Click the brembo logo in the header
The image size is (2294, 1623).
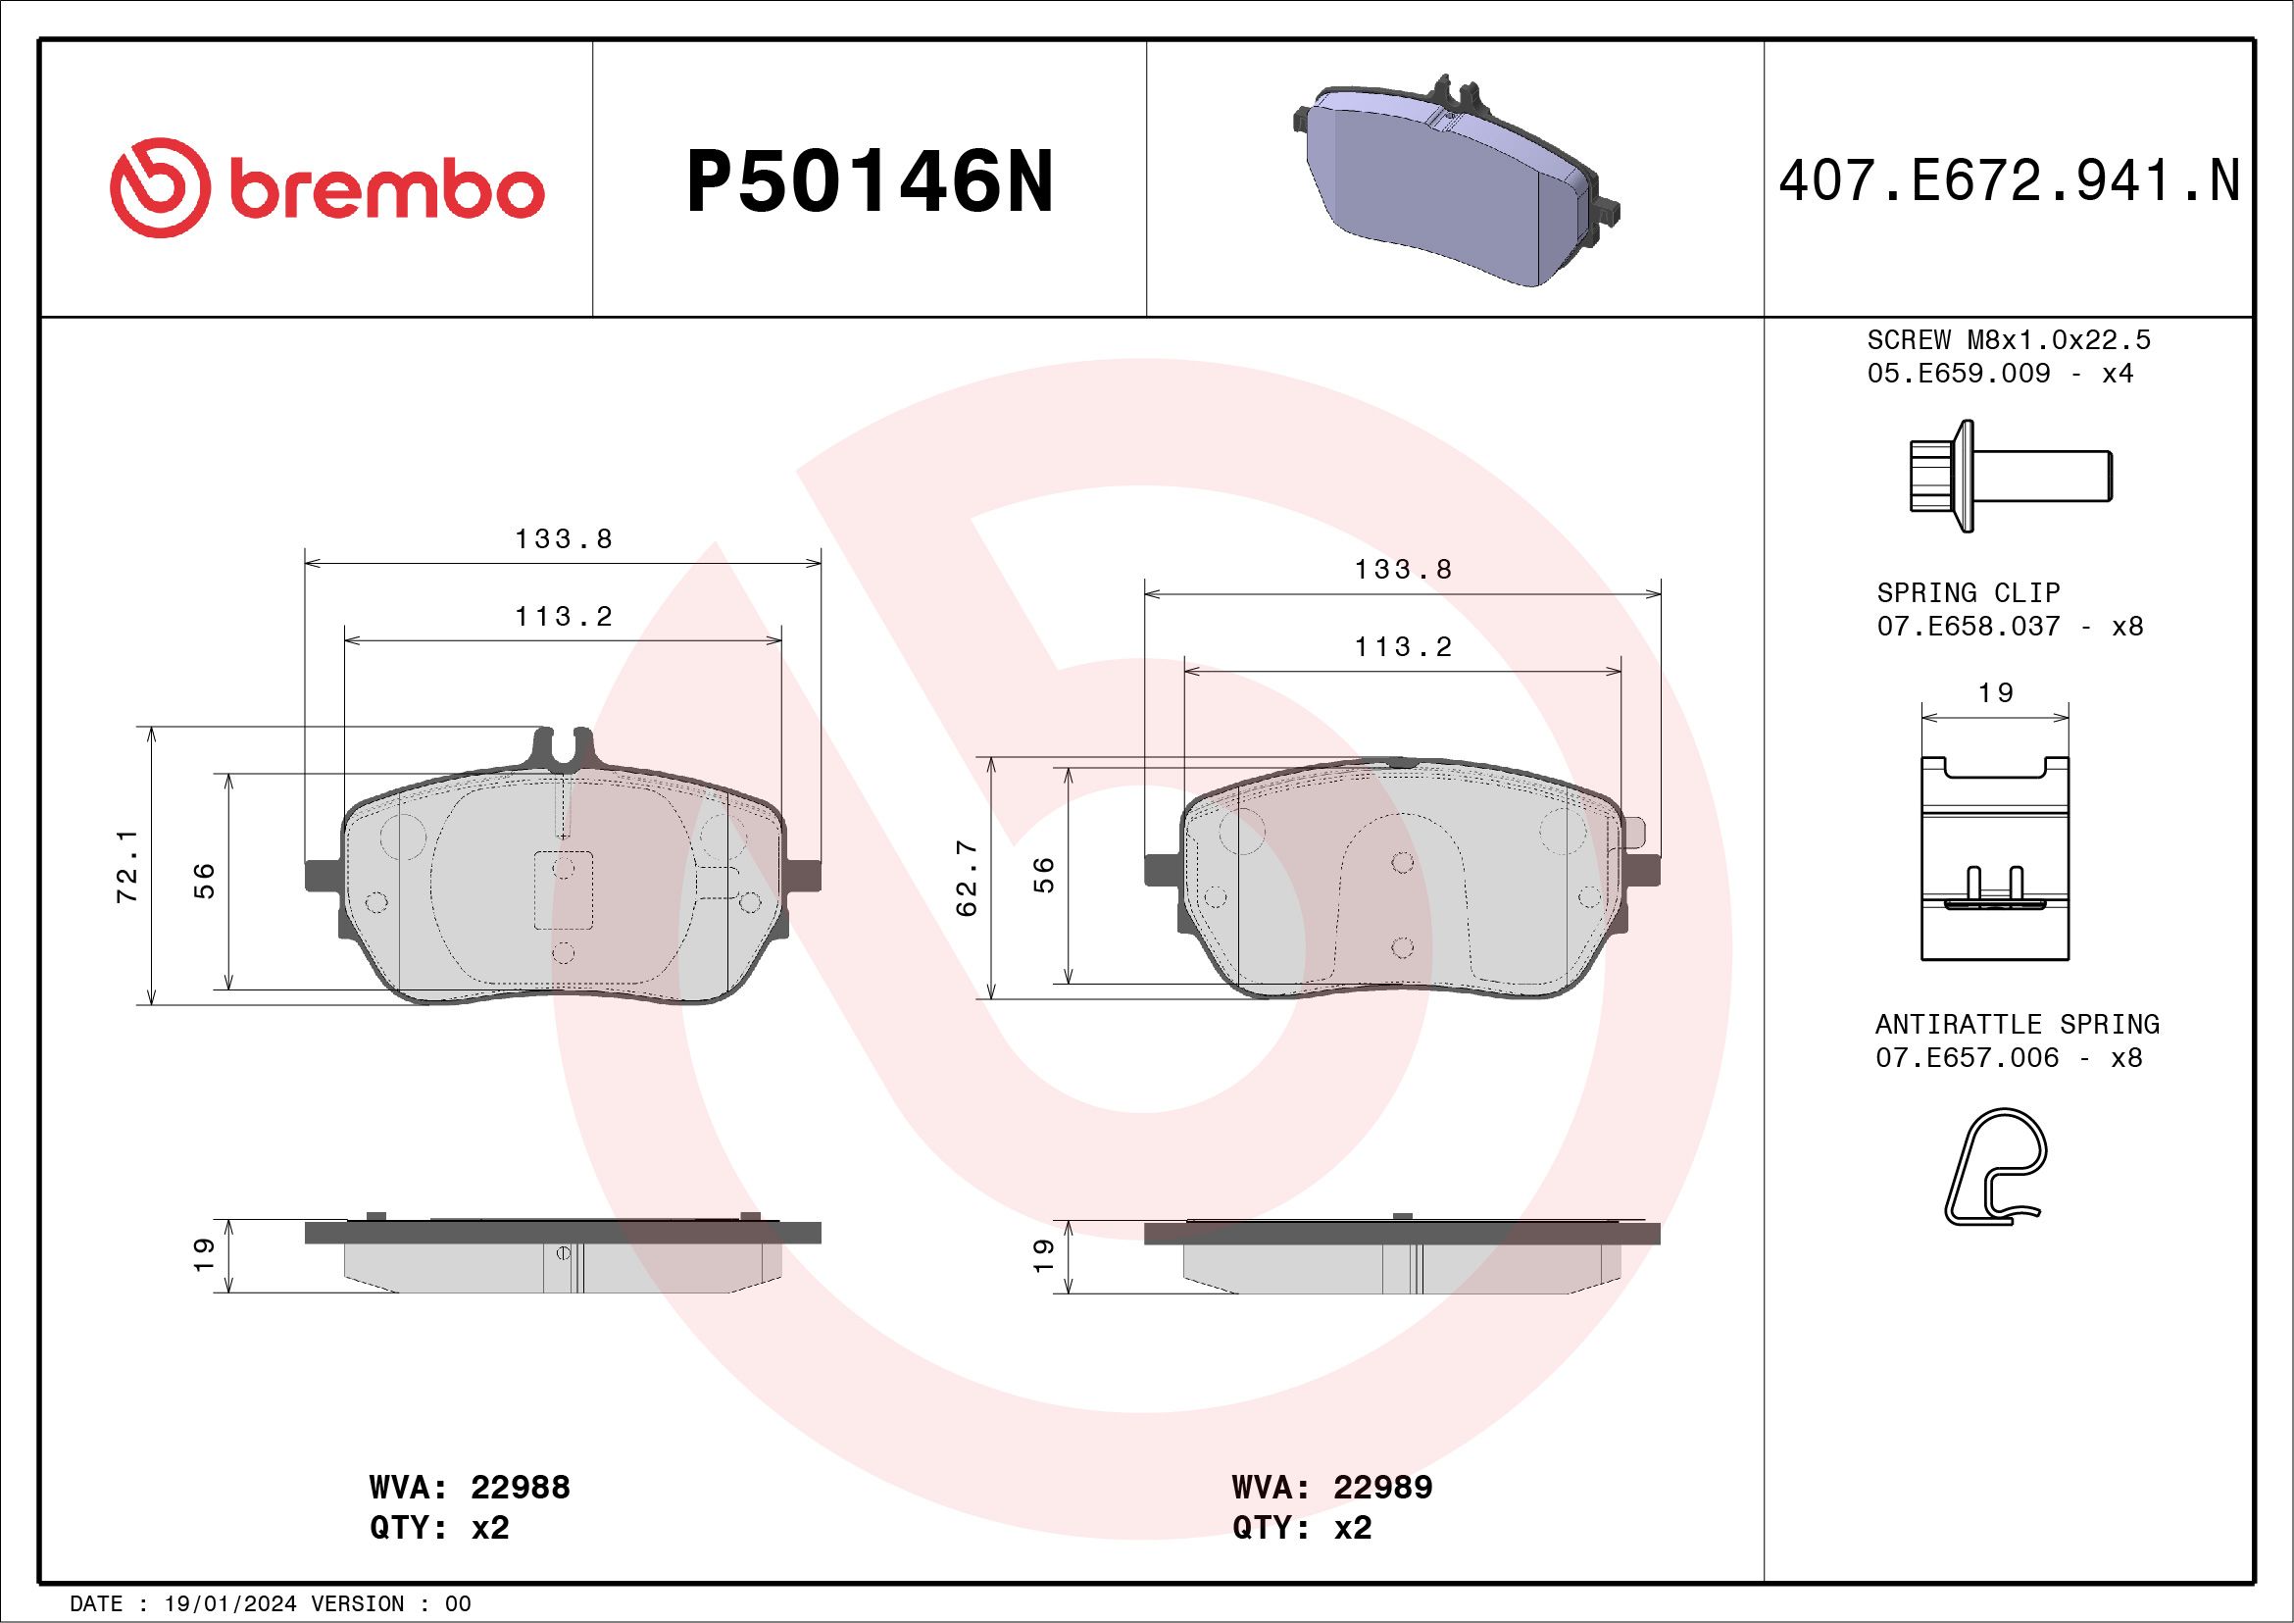pyautogui.click(x=326, y=188)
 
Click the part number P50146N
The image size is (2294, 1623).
pyautogui.click(x=870, y=181)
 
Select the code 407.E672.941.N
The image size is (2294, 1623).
pyautogui.click(x=2009, y=181)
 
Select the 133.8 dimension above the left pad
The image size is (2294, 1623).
pyautogui.click(x=563, y=538)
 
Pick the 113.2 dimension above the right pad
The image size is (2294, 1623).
pyautogui.click(x=1402, y=646)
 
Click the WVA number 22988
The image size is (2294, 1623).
pyautogui.click(x=520, y=1487)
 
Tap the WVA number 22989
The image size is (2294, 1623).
pyautogui.click(x=1383, y=1487)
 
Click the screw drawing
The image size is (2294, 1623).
pyautogui.click(x=2009, y=476)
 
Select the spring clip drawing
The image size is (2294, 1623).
pyautogui.click(x=1994, y=857)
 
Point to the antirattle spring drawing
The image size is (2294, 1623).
pyautogui.click(x=1994, y=1165)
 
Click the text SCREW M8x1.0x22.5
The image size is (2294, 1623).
pyautogui.click(x=2009, y=339)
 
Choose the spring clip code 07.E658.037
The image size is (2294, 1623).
pyautogui.click(x=1968, y=627)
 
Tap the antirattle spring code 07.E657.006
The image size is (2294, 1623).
pyautogui.click(x=1967, y=1057)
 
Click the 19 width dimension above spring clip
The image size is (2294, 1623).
pyautogui.click(x=1995, y=692)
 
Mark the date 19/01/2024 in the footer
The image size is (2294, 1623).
pyautogui.click(x=229, y=1604)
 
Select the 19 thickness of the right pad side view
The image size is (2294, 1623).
pyautogui.click(x=1042, y=1255)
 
